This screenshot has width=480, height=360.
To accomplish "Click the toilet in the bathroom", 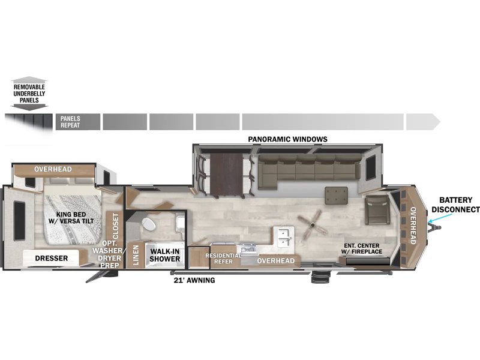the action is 149,224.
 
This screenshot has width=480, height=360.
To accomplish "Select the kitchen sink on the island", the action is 284,236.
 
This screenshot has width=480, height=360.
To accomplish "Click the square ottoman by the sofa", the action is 336,196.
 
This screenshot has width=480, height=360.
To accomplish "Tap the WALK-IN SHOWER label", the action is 164,255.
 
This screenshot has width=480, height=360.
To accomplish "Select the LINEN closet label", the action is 136,254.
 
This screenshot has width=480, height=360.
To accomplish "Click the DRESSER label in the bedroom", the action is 52,258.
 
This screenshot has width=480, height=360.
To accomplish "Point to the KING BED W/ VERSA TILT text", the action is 71,218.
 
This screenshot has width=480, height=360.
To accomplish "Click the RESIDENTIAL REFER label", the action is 223,259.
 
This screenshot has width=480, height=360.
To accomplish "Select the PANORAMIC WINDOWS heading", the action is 287,139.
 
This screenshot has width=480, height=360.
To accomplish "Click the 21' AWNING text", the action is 194,280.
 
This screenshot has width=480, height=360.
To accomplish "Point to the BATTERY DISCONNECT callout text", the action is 455,205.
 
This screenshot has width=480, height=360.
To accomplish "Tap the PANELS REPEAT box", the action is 78,122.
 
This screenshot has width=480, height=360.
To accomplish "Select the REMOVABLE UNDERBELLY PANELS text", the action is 29,94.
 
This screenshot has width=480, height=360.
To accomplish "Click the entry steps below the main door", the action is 320,277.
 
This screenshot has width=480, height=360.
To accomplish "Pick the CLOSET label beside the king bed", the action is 115,226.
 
